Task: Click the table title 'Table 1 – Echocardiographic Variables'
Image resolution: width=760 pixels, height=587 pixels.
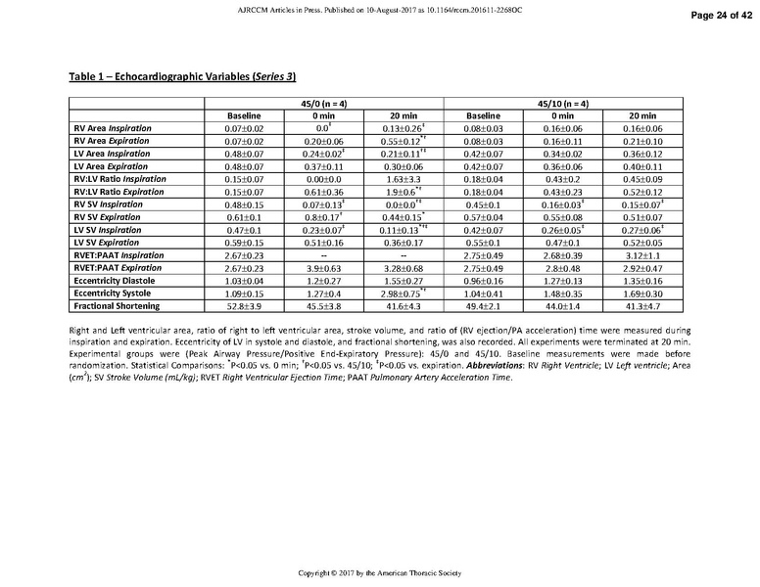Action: coord(182,76)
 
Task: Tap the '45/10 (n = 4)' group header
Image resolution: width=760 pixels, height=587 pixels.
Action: coord(563,104)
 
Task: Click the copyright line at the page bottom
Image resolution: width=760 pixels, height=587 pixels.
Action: coord(379,571)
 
